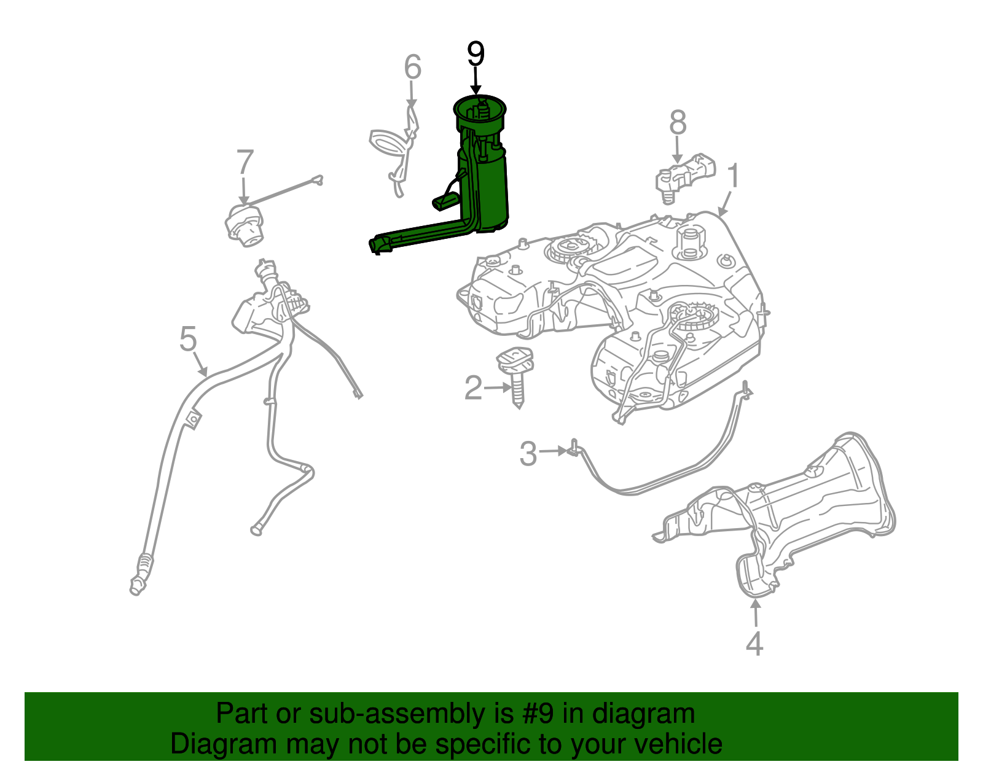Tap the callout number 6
pyautogui.click(x=412, y=67)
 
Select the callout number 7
pyautogui.click(x=245, y=163)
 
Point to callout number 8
pyautogui.click(x=677, y=123)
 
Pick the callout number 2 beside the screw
pyautogui.click(x=473, y=388)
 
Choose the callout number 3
pyautogui.click(x=528, y=454)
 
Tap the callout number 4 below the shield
pyautogui.click(x=754, y=644)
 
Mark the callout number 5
pyautogui.click(x=188, y=339)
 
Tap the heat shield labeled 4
pyautogui.click(x=811, y=510)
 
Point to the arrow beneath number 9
pyautogui.click(x=476, y=83)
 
